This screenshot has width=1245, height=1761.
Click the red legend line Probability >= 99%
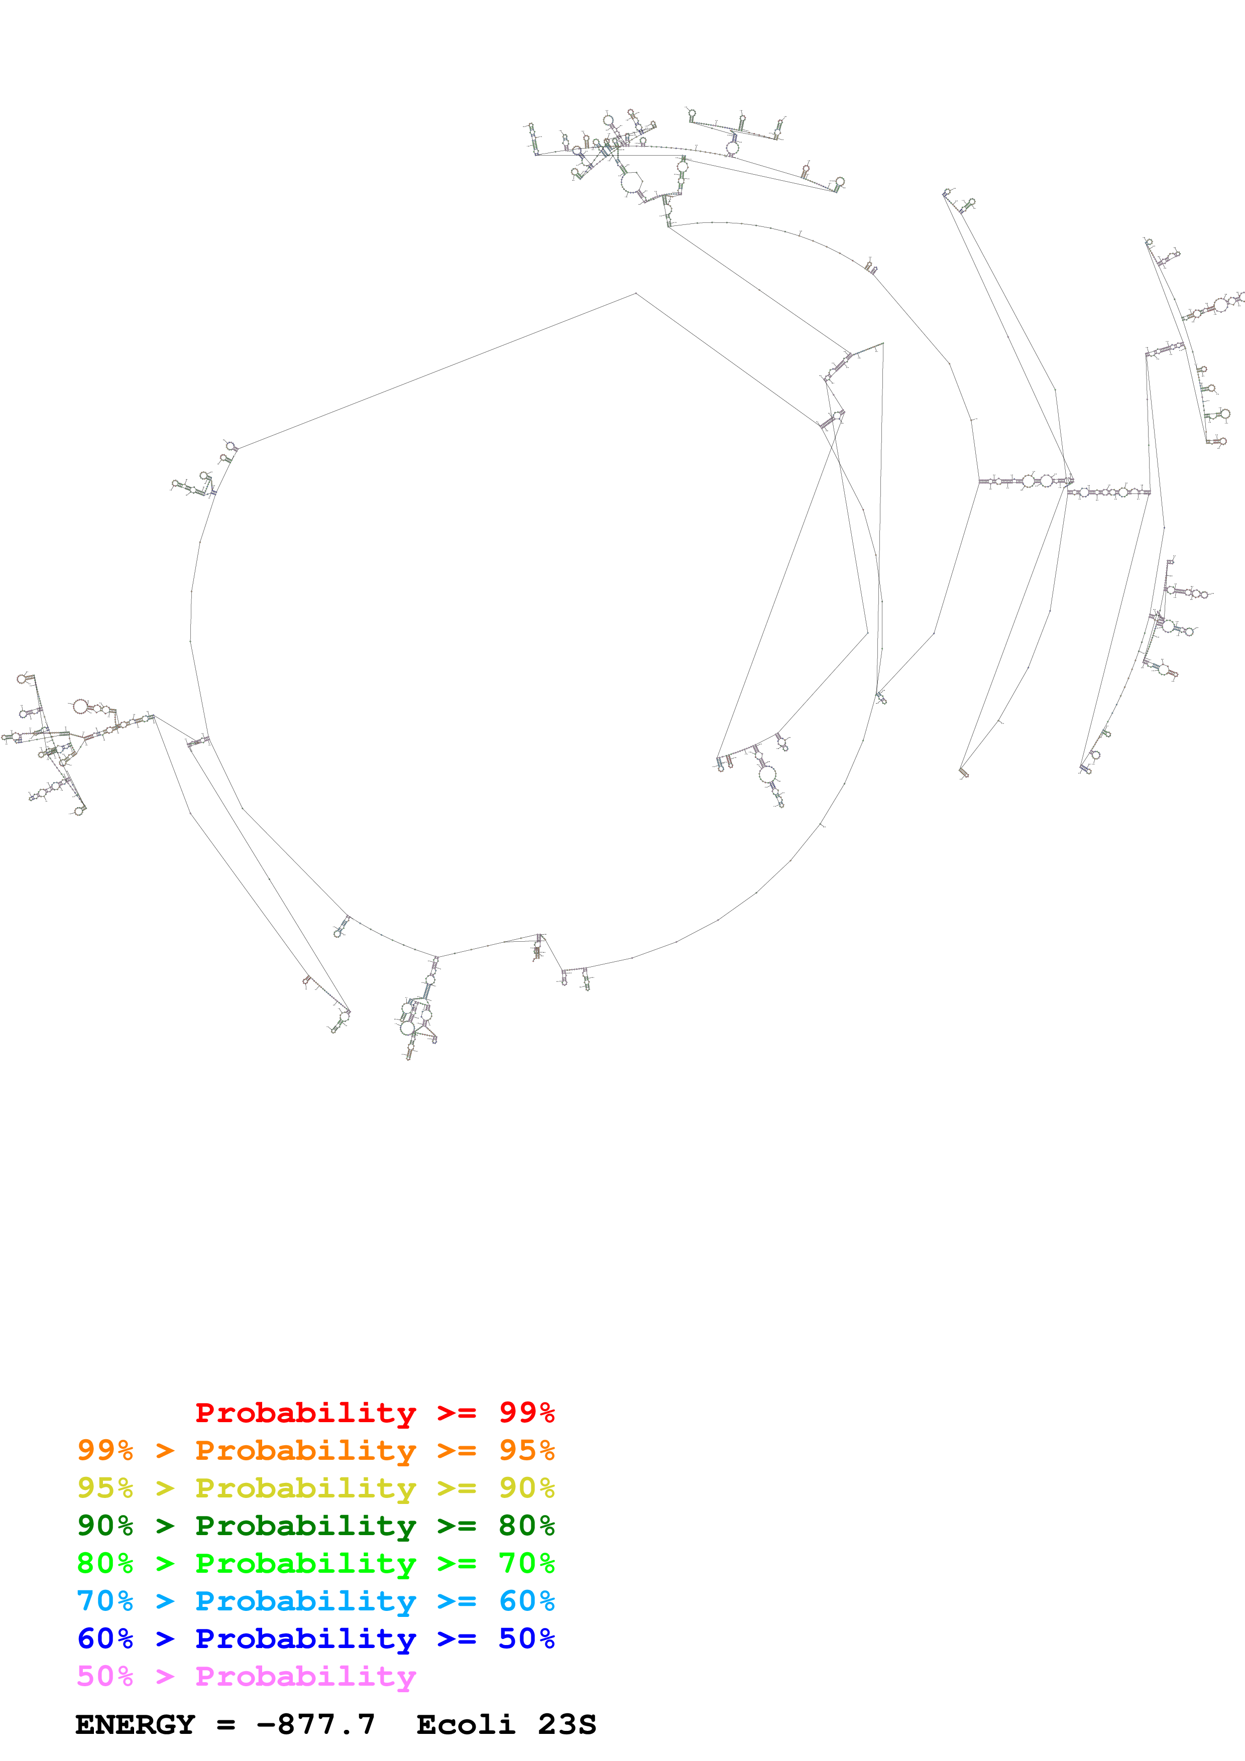point(374,1413)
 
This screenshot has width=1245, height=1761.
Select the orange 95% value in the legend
point(526,1450)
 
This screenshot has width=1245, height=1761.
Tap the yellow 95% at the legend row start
point(105,1488)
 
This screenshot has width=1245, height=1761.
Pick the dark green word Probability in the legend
point(305,1526)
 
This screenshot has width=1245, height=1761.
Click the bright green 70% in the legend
point(526,1563)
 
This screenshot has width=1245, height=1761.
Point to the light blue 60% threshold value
point(526,1601)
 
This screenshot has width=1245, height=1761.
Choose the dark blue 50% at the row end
point(526,1639)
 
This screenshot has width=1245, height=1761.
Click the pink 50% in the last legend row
point(105,1676)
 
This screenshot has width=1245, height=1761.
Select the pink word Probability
point(305,1676)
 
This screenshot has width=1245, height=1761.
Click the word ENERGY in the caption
point(135,1724)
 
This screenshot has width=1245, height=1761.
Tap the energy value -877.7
point(315,1724)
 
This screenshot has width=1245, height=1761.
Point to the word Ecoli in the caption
point(466,1724)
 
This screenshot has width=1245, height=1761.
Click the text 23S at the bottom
point(567,1724)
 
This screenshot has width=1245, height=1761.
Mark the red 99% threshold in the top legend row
point(526,1413)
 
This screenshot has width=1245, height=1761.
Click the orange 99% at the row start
point(105,1450)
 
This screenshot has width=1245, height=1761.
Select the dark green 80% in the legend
point(526,1526)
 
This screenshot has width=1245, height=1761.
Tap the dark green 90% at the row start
point(105,1526)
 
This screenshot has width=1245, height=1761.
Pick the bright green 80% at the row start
point(105,1563)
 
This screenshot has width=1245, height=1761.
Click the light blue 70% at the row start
point(105,1601)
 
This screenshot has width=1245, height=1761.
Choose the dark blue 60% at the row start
point(105,1639)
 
